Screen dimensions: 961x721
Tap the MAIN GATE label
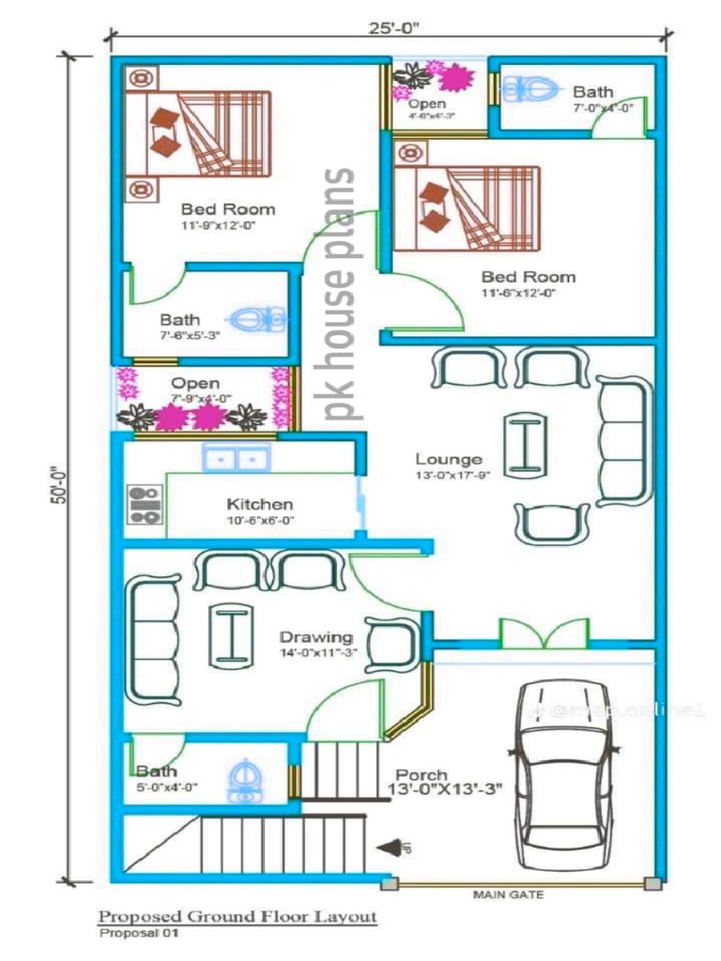coord(508,894)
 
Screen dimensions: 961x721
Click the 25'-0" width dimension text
coord(393,27)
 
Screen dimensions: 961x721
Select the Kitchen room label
coord(259,505)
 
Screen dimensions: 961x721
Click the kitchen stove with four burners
coord(144,504)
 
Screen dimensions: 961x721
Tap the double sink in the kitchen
coord(236,459)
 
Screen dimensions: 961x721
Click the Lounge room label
coord(449,460)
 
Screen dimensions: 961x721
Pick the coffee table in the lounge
coord(526,446)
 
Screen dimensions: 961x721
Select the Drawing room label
coord(316,637)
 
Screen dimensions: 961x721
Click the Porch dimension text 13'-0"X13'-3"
coord(445,791)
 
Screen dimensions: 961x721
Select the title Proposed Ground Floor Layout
coord(238,917)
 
